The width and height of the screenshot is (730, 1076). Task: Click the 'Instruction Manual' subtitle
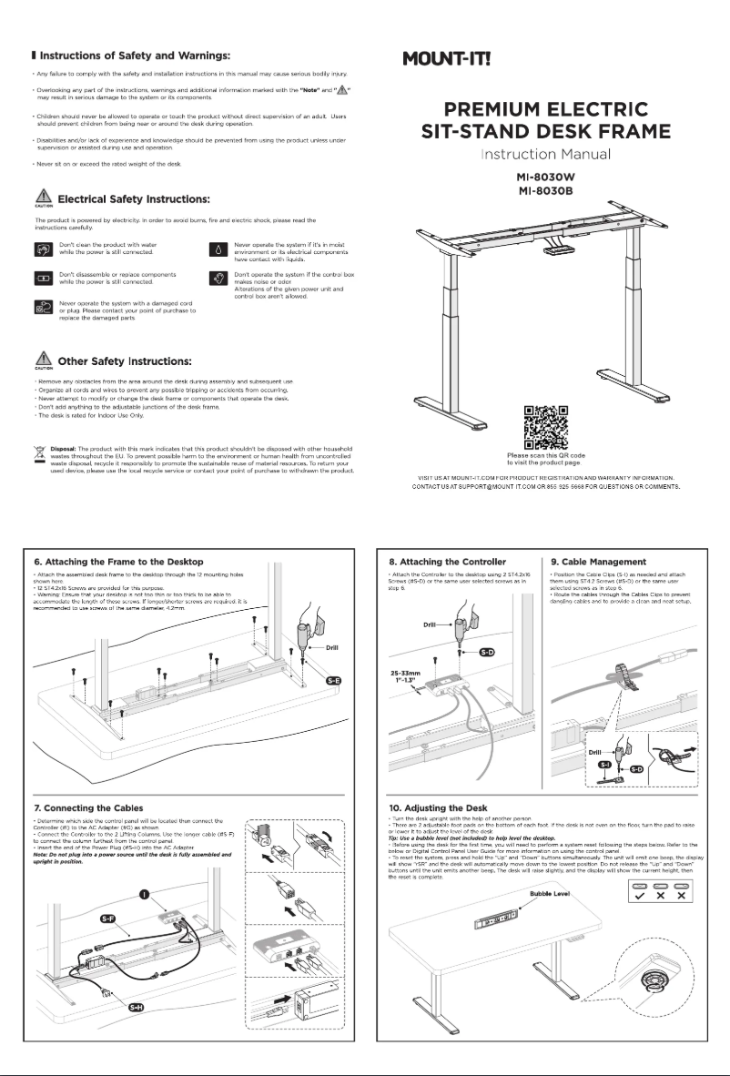coord(545,156)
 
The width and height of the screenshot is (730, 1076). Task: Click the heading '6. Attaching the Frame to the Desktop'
coord(112,562)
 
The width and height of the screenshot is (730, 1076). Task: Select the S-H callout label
coord(136,1007)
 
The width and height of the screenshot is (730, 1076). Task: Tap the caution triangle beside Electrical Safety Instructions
coord(40,197)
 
